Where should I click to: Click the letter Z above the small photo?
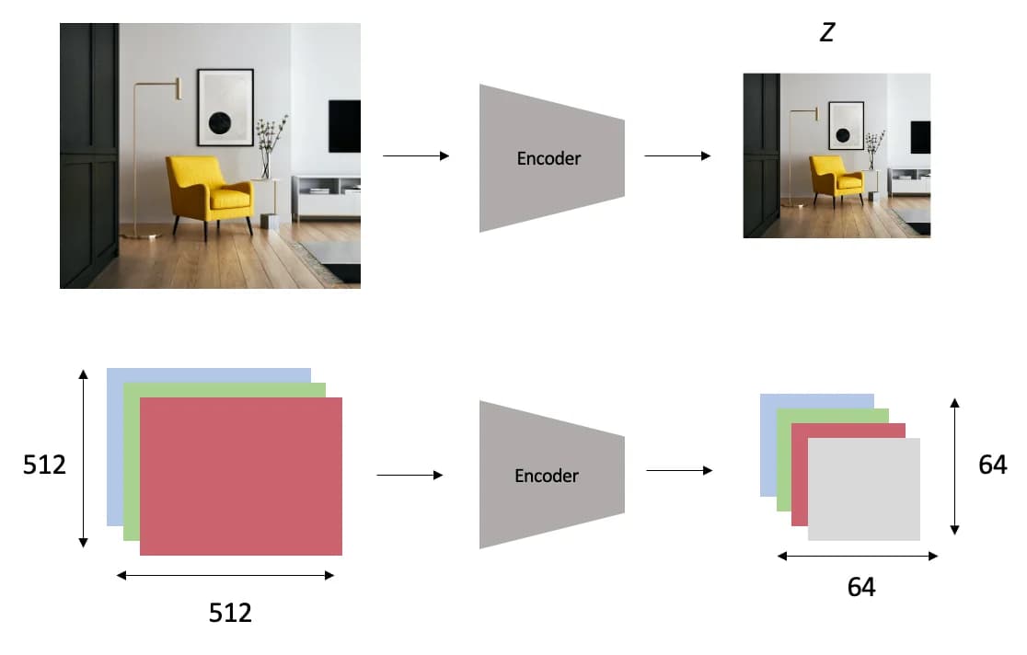(827, 32)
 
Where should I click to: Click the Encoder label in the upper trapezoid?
(548, 158)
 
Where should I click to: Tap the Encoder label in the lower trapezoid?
(547, 476)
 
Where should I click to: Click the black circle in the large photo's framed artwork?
(219, 122)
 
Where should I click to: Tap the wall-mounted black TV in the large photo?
(344, 126)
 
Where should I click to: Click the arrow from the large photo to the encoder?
(416, 155)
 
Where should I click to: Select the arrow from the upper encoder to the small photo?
(677, 155)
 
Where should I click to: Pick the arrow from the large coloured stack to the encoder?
(410, 475)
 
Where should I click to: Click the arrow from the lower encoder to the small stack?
(679, 470)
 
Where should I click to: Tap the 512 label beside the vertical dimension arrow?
(44, 465)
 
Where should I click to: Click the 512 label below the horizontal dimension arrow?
(230, 613)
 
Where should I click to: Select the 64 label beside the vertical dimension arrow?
(992, 465)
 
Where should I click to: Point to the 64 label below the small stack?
(861, 587)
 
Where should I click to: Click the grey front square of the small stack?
(864, 489)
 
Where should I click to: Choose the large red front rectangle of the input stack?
(241, 477)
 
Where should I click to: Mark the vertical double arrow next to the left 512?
(83, 458)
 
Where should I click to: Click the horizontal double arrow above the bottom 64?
(858, 556)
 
